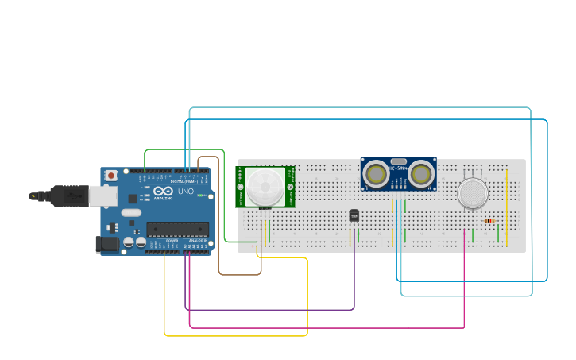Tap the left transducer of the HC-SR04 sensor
[x=375, y=172]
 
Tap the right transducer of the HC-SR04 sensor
[x=421, y=172]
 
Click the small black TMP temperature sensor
[x=354, y=215]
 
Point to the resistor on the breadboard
[x=489, y=221]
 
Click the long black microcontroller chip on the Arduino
[x=177, y=229]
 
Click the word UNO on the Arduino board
[x=184, y=192]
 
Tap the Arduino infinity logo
[x=164, y=192]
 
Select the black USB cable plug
[x=60, y=195]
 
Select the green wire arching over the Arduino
[x=183, y=149]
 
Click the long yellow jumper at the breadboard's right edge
[x=507, y=207]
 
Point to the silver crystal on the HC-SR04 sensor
[x=398, y=161]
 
